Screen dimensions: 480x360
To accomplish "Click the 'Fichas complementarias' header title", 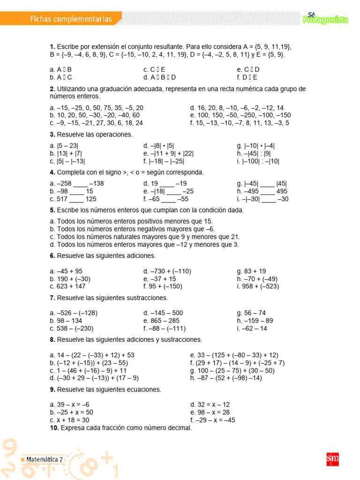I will pos(71,19).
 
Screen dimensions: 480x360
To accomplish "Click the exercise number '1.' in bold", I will pos(52,47).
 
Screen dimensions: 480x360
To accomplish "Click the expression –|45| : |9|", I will pos(254,153).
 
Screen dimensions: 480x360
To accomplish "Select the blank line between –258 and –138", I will pos(80,184).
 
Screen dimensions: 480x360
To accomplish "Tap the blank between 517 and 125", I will pos(76,199).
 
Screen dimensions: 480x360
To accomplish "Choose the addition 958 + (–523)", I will pos(262,286).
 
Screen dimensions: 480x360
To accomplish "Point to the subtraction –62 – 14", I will pos(252,328).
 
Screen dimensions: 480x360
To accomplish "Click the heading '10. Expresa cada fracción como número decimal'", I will pos(121,427).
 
